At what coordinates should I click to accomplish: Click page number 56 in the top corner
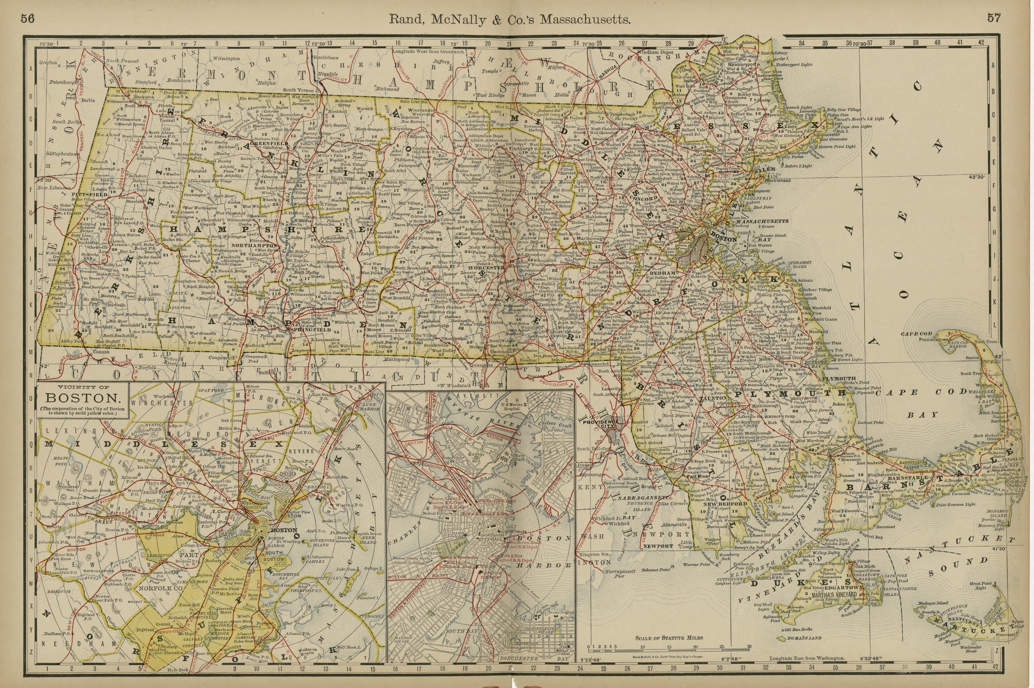pos(27,18)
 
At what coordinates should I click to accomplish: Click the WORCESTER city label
pos(487,267)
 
